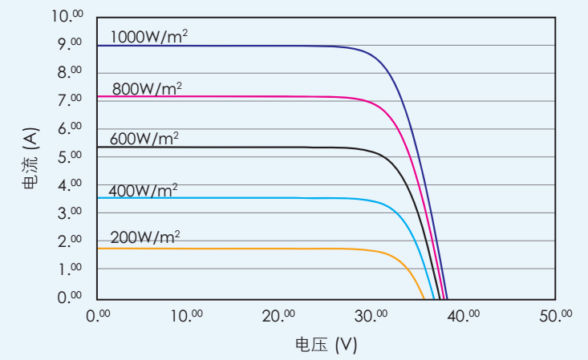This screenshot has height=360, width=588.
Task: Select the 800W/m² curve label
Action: (147, 88)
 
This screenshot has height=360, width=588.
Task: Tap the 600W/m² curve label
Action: (144, 139)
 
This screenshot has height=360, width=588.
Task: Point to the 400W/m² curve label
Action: (144, 190)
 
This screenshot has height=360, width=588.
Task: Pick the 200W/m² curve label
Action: (145, 238)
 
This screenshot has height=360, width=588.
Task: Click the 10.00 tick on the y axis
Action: (67, 17)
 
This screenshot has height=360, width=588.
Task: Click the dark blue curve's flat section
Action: (241, 46)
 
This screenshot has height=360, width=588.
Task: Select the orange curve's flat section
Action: (241, 249)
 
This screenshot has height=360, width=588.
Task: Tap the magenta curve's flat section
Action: (241, 97)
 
